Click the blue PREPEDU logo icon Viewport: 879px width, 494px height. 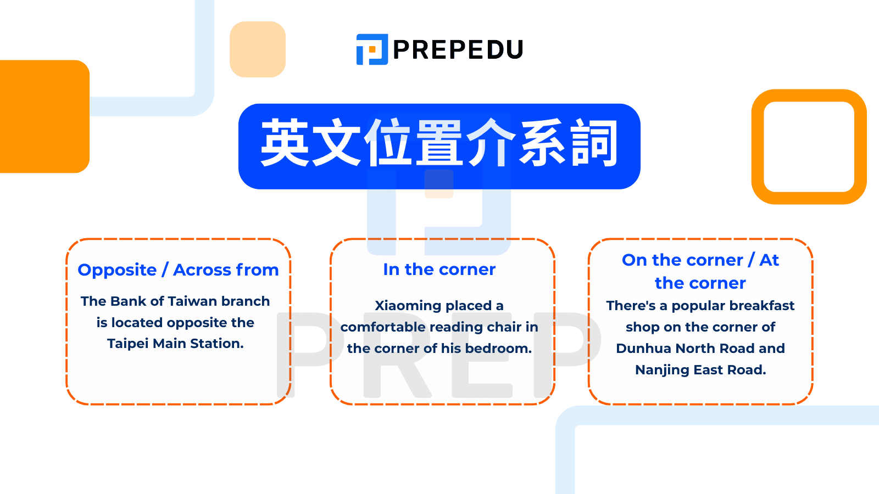click(372, 49)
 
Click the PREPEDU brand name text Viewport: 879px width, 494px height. click(458, 49)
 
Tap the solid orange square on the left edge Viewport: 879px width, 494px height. click(44, 116)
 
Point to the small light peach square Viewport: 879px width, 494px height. click(258, 49)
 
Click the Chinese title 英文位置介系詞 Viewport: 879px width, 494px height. click(439, 143)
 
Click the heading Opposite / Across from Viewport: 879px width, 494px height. click(178, 270)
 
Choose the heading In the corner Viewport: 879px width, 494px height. click(439, 270)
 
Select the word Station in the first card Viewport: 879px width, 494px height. click(217, 344)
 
